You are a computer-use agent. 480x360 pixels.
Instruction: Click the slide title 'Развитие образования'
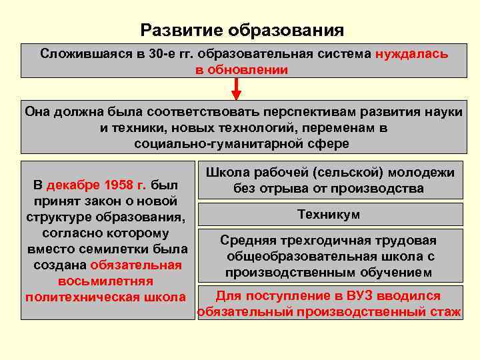click(242, 31)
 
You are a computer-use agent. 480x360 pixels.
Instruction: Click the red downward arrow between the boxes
click(237, 89)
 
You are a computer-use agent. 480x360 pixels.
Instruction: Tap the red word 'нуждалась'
click(411, 54)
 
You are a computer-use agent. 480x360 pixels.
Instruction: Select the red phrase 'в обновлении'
click(241, 69)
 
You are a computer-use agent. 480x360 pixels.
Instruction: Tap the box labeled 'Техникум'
click(329, 215)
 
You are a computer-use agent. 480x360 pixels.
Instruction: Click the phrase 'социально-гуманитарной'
click(212, 143)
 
